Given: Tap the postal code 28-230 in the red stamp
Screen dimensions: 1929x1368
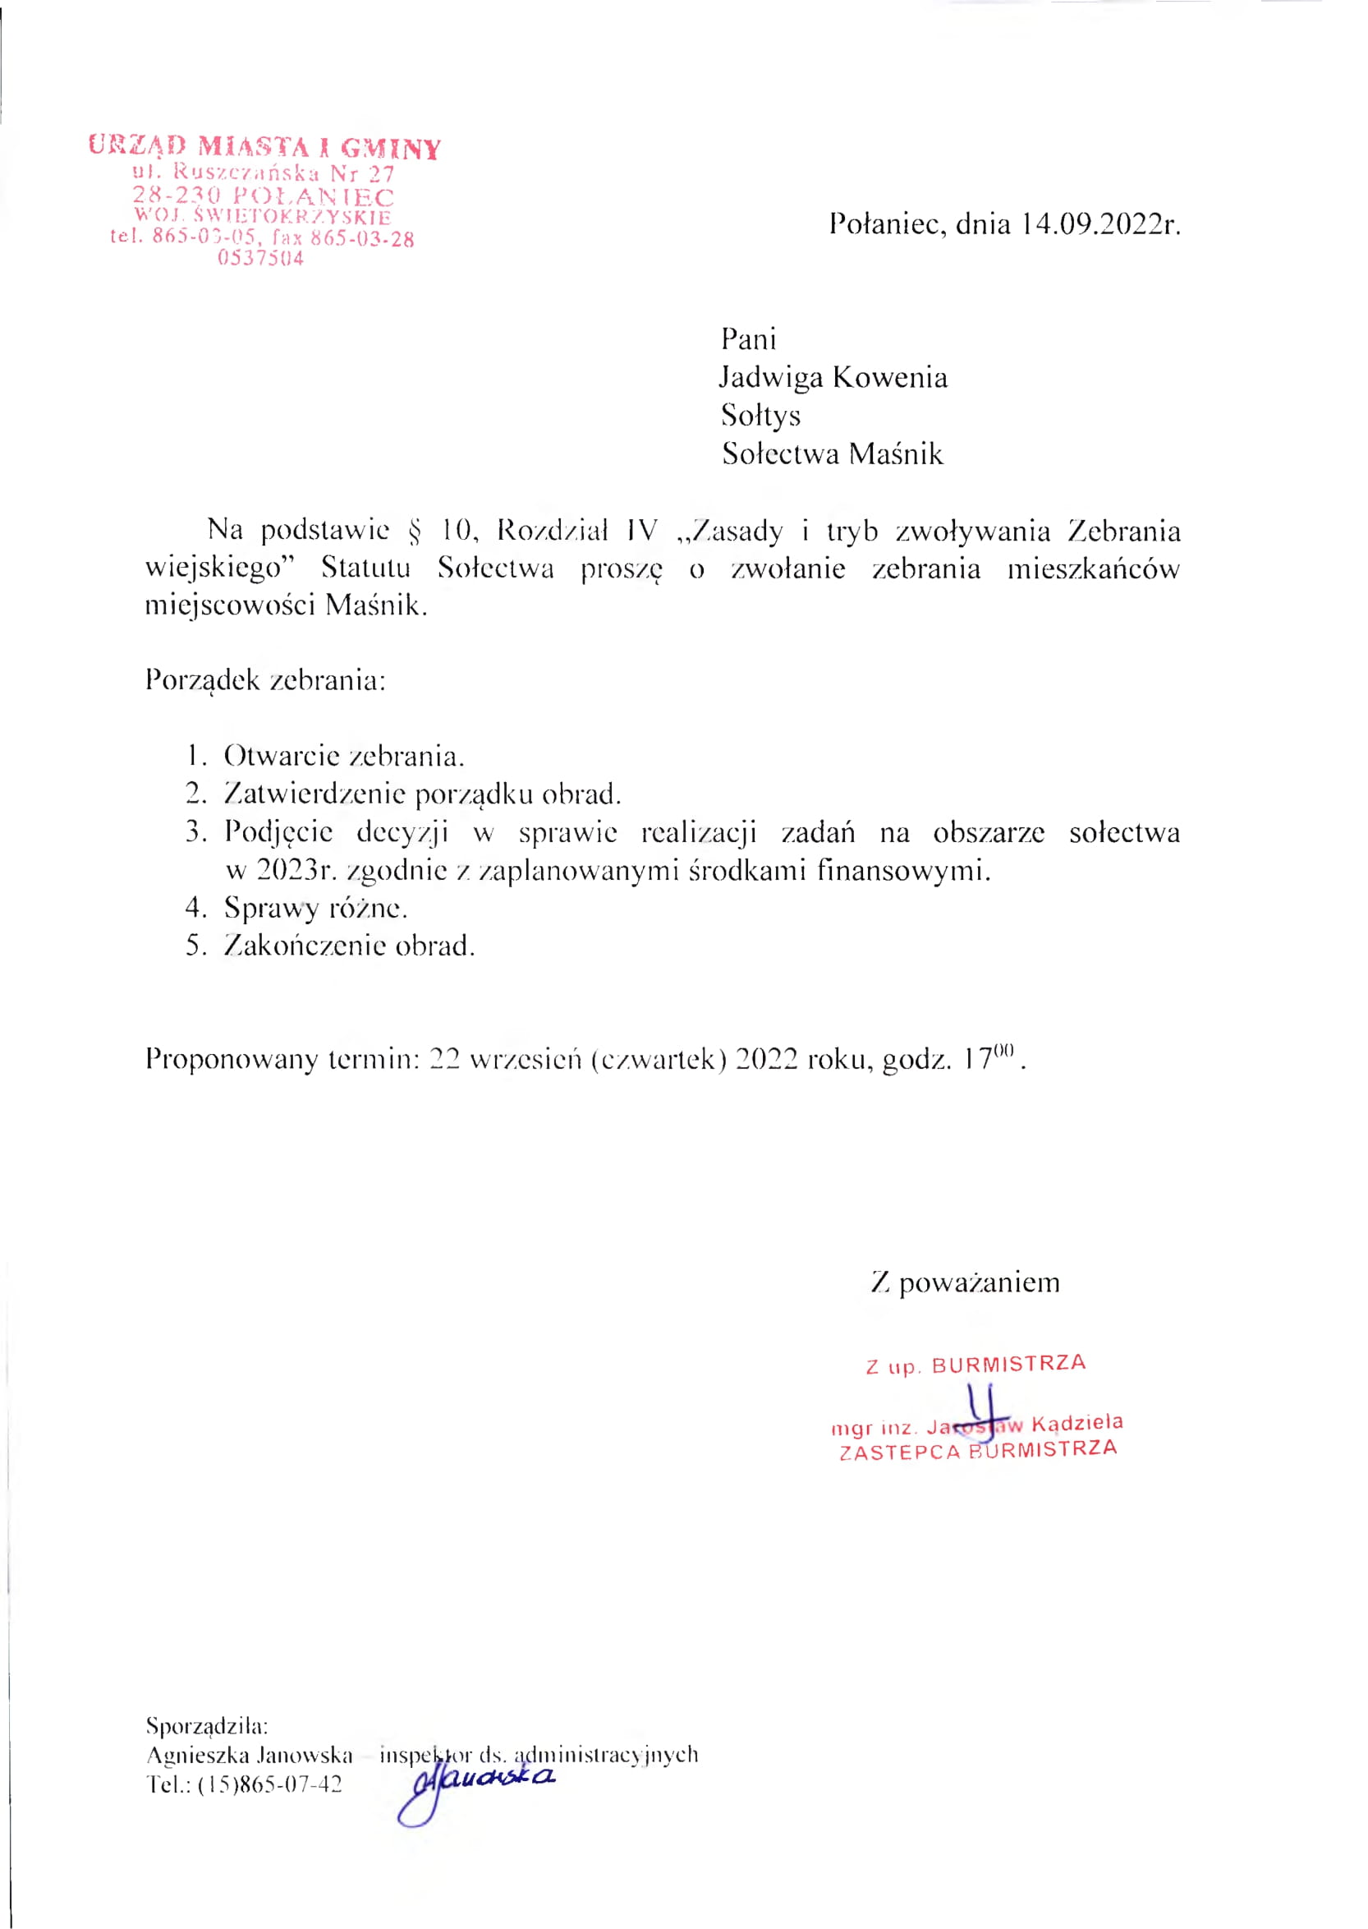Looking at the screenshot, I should coord(176,196).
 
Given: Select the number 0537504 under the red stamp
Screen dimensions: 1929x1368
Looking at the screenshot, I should coord(260,259).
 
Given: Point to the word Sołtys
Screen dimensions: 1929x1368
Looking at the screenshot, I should coord(760,415).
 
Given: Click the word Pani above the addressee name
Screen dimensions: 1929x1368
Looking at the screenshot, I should coord(748,338).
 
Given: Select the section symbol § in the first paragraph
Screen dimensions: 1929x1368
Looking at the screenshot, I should coord(414,531).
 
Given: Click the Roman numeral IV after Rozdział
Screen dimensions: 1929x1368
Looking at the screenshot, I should coord(641,530).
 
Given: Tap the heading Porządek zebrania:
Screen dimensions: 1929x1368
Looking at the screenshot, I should coord(265,679).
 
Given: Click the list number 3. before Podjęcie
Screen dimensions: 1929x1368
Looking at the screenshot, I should coord(196,831).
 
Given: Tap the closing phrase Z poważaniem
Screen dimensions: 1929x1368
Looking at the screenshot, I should coord(966,1282).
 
